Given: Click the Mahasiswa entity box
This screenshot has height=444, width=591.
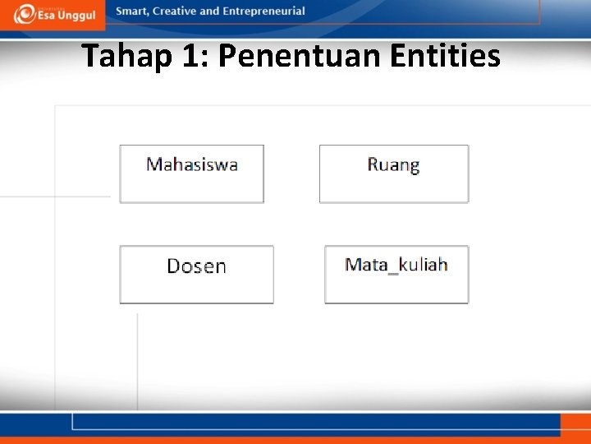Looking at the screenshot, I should pyautogui.click(x=191, y=173).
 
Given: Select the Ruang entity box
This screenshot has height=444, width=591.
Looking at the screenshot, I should pyautogui.click(x=393, y=173).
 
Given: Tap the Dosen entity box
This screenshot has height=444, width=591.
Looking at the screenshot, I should pyautogui.click(x=196, y=275).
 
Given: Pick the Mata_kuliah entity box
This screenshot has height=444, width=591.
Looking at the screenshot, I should pyautogui.click(x=396, y=275).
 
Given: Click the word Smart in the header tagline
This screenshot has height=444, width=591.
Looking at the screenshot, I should pyautogui.click(x=133, y=12).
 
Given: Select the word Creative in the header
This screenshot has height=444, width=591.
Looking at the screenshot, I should pyautogui.click(x=175, y=12).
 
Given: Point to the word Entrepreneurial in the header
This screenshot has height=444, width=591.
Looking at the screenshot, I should pyautogui.click(x=263, y=12).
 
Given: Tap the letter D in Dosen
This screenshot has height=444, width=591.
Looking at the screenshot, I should pyautogui.click(x=173, y=266).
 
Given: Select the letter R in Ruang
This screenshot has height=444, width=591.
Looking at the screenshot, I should pyautogui.click(x=373, y=164).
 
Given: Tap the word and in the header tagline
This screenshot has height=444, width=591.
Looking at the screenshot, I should pyautogui.click(x=210, y=12).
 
